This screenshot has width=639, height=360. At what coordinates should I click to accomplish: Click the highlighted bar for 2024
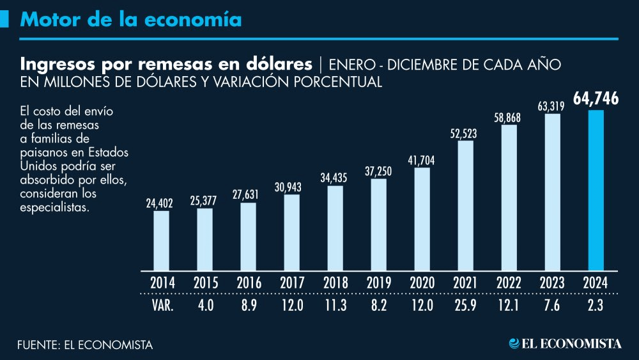pyautogui.click(x=596, y=190)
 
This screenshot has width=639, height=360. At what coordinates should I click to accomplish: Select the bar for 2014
pyautogui.click(x=161, y=240)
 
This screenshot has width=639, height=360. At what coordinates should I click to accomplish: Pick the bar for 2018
pyautogui.click(x=335, y=227)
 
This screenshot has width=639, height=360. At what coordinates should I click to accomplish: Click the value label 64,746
pyautogui.click(x=596, y=98)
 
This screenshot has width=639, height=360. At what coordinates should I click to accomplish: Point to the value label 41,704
pyautogui.click(x=422, y=160)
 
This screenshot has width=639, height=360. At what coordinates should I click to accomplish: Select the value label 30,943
pyautogui.click(x=291, y=187)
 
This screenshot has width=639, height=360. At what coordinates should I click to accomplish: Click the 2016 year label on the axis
pyautogui.click(x=248, y=282)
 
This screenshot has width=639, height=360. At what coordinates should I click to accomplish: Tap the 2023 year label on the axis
pyautogui.click(x=553, y=282)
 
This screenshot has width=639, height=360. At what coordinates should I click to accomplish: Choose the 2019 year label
pyautogui.click(x=378, y=282)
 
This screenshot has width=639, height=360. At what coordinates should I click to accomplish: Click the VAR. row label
pyautogui.click(x=162, y=306)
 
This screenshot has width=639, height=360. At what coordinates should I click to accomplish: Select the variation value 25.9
pyautogui.click(x=466, y=306)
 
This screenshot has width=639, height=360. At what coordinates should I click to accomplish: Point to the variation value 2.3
pyautogui.click(x=596, y=306)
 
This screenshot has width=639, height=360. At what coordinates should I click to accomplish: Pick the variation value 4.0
pyautogui.click(x=204, y=306)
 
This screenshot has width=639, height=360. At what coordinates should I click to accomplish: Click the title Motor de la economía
pyautogui.click(x=131, y=20)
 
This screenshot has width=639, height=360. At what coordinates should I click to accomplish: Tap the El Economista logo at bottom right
pyautogui.click(x=565, y=344)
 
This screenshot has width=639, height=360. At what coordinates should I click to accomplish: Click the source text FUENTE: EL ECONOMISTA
pyautogui.click(x=85, y=345)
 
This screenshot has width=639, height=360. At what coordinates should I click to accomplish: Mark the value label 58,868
pyautogui.click(x=509, y=117)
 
